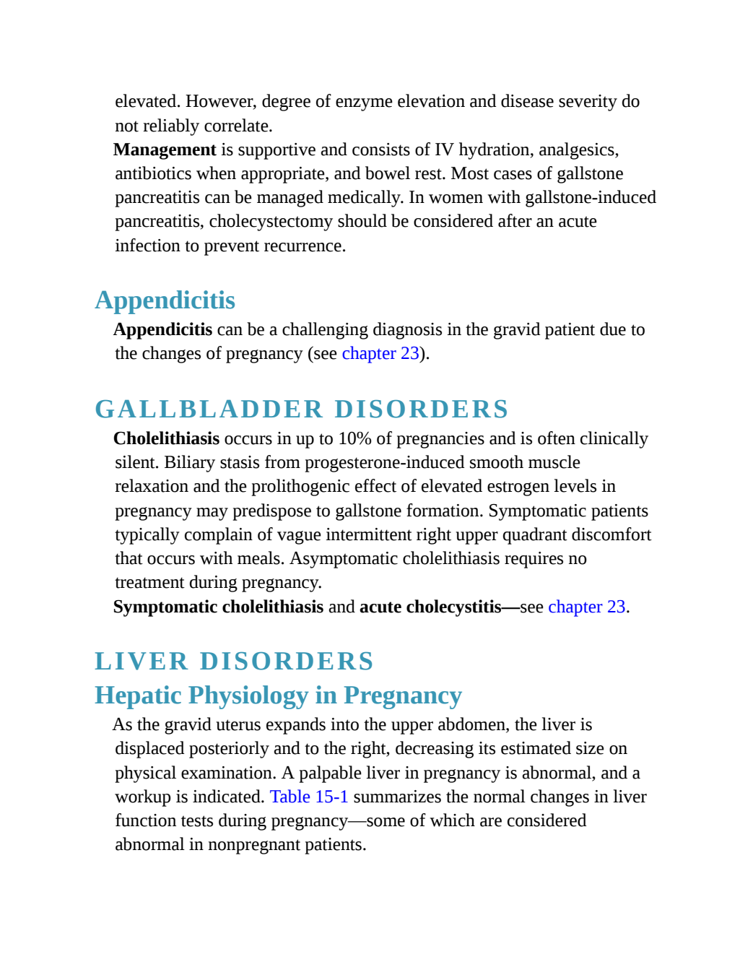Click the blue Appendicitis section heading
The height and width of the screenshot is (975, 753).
(165, 300)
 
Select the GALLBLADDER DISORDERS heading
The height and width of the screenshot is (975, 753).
(302, 409)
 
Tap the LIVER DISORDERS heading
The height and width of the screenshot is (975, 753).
(234, 662)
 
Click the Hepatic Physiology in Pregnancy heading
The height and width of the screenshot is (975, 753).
(279, 696)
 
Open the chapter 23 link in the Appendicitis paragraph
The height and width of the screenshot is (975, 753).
(380, 354)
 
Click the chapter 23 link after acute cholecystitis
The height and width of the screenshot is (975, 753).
(587, 607)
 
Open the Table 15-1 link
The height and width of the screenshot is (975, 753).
(309, 797)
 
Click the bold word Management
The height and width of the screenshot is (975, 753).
(165, 150)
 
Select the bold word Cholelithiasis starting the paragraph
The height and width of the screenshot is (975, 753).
(166, 439)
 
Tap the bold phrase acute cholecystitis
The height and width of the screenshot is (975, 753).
(430, 607)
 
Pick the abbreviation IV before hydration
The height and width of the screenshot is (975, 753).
(444, 150)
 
